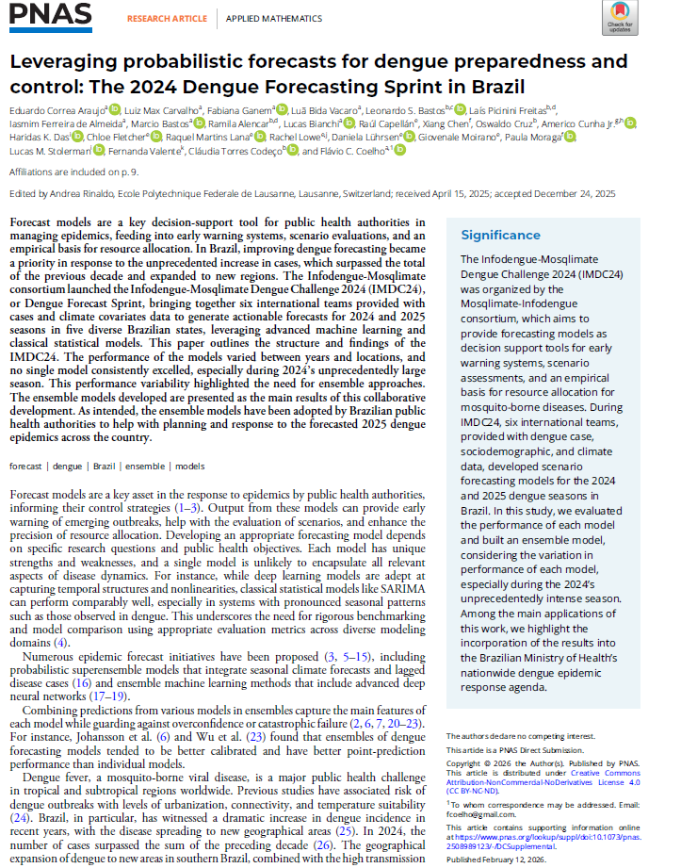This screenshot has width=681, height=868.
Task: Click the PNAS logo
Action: click(51, 16)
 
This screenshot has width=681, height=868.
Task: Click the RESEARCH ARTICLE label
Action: click(166, 18)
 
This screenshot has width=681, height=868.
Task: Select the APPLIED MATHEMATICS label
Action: click(266, 18)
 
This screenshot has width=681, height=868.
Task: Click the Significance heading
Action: click(500, 235)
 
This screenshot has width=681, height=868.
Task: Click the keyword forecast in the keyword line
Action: click(26, 466)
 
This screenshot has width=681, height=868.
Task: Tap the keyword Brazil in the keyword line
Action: click(105, 466)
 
